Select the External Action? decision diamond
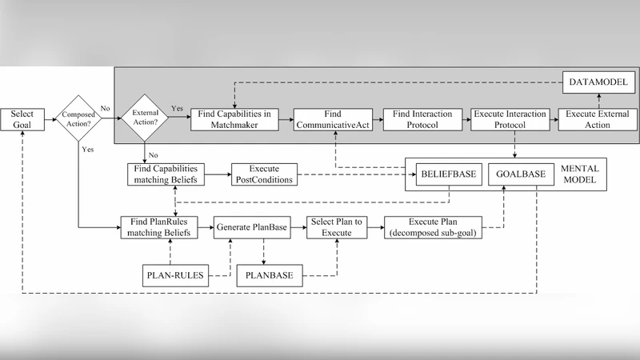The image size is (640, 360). coord(143,120)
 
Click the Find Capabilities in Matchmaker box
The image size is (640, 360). coord(234,120)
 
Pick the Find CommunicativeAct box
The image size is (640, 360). coord(334,120)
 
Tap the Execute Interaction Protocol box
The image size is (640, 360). coord(510,120)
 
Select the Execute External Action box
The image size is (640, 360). coord(594,120)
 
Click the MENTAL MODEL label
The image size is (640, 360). coord(582,174)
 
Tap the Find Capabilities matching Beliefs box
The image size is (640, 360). coord(166,174)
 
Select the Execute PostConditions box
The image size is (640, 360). coord(264,174)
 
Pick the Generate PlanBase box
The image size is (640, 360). coord(250,227)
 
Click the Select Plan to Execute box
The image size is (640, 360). coord(336,227)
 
